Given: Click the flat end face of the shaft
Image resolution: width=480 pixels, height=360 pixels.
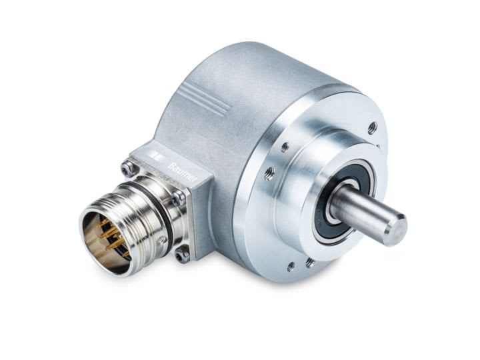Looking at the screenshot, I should coord(395,230).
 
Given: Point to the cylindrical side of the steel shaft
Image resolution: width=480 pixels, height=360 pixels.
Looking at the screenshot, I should coord(360,210).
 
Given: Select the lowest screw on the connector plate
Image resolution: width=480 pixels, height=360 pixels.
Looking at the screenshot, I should coord(183,253).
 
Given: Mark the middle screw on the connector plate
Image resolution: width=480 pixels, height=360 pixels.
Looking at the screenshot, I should coord(178,198).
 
